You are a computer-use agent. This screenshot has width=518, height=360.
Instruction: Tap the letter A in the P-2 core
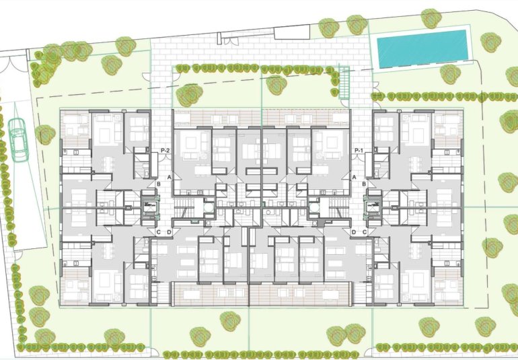[170, 176]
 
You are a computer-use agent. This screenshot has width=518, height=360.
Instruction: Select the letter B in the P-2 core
[159, 184]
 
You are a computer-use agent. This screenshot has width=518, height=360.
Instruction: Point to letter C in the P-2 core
[159, 232]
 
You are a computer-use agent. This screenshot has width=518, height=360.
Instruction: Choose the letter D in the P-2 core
[169, 232]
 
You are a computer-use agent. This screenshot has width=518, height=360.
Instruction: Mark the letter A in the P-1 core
[353, 176]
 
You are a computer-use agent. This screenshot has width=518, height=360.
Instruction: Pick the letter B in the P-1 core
[363, 184]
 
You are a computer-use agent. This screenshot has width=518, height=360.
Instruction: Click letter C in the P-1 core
[364, 232]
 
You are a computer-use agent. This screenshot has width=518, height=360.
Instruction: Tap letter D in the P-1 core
[354, 232]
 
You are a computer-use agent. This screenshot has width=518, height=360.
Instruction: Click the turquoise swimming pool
[421, 48]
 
